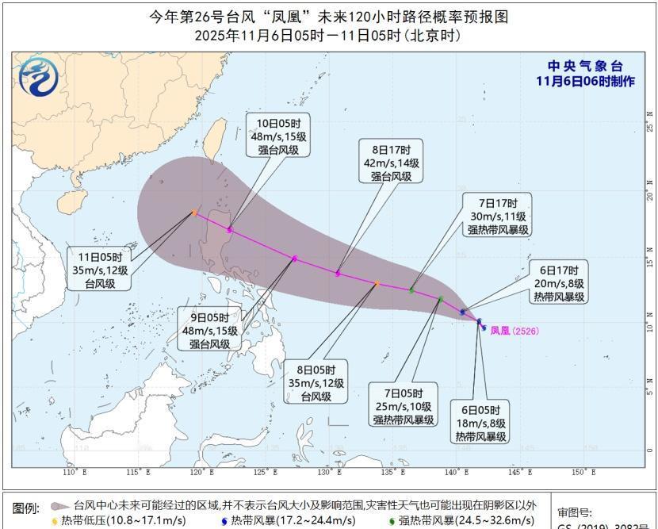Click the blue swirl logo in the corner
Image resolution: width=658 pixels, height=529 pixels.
[x=37, y=78]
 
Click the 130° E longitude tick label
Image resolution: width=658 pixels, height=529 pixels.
[x=328, y=473]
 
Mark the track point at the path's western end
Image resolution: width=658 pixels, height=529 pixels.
[x=194, y=213]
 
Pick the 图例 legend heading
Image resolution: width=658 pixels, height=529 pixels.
[x=26, y=508]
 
